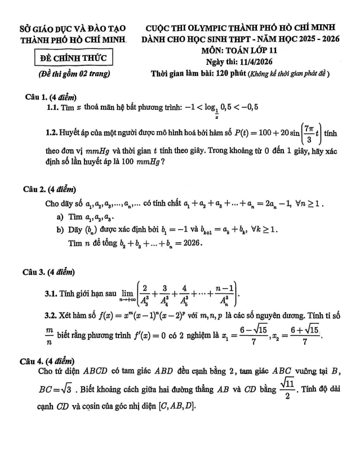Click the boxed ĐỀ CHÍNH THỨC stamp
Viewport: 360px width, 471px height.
(72, 58)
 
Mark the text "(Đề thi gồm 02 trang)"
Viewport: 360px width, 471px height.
(72, 74)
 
